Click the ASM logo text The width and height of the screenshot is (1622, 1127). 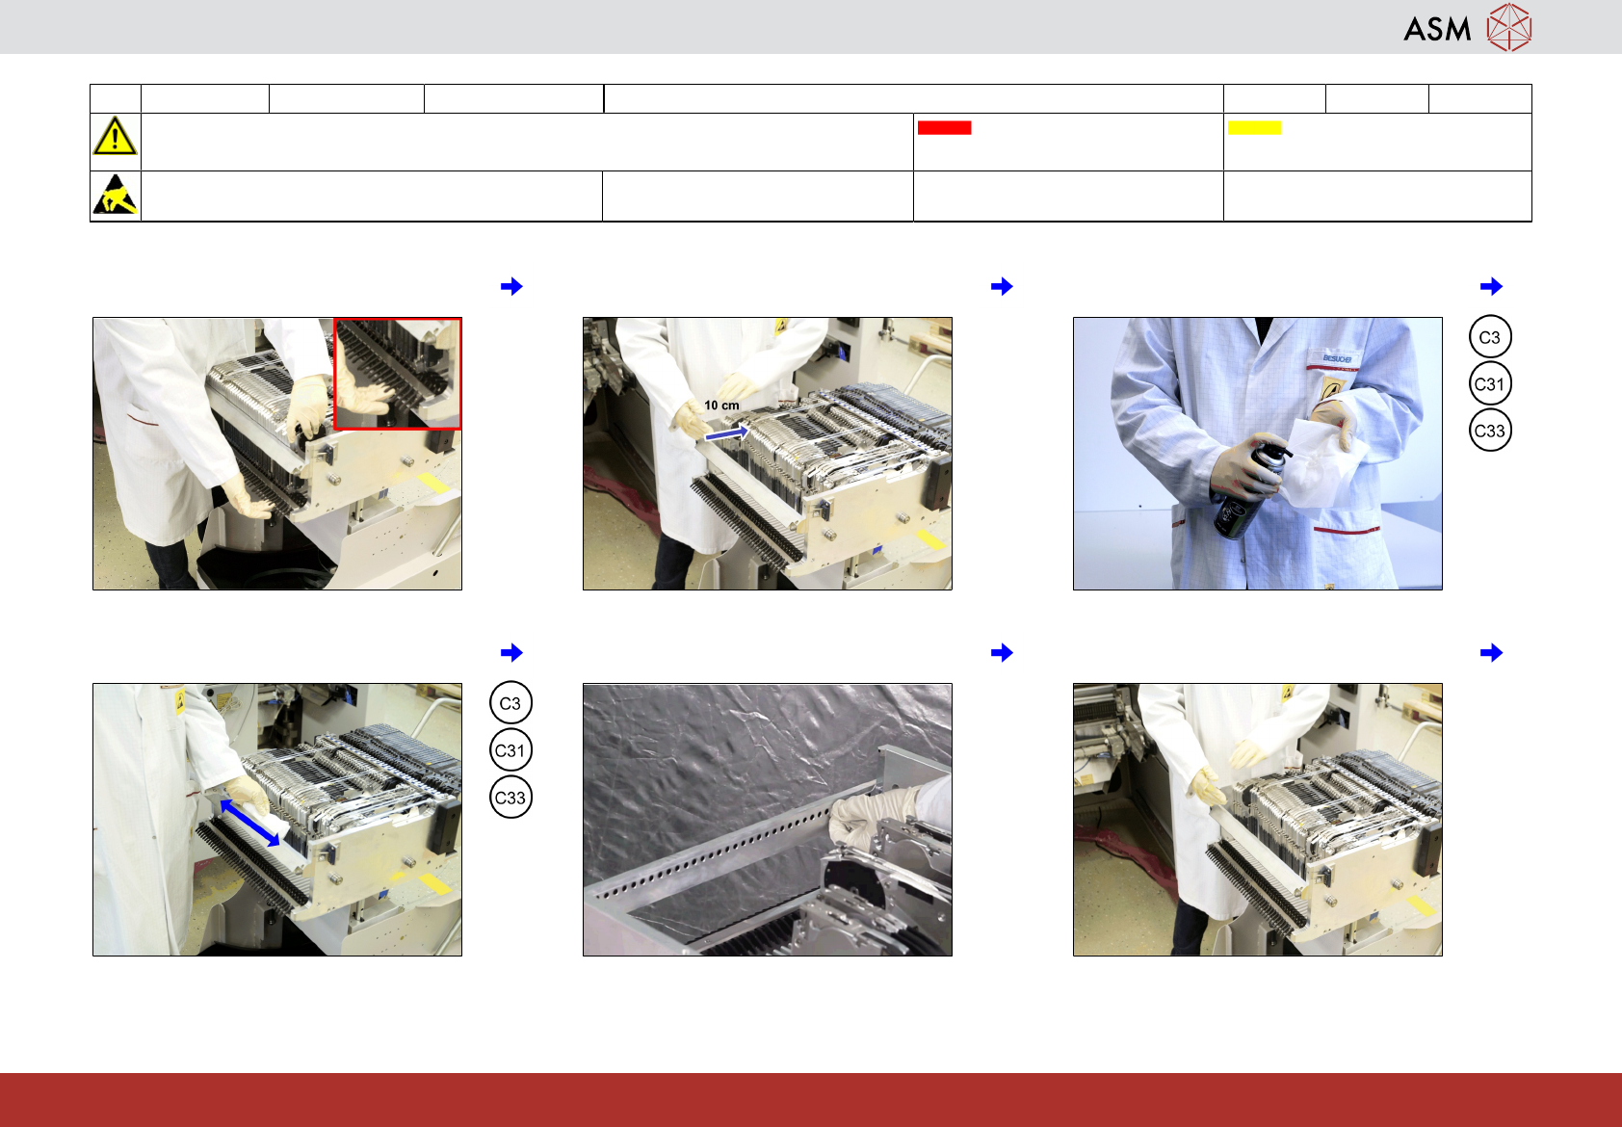1437,30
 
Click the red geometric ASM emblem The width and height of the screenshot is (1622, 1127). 1509,28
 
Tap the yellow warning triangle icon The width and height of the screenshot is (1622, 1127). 115,136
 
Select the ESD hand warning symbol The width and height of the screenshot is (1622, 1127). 116,195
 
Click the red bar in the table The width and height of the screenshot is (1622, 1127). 944,128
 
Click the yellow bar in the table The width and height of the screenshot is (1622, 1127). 1254,128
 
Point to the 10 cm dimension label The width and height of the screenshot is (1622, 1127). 722,406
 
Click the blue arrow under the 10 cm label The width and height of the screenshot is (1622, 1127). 726,433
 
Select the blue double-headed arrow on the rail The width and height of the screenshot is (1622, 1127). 249,824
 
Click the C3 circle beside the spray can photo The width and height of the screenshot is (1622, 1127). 1490,337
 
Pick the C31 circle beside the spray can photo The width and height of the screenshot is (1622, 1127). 1490,384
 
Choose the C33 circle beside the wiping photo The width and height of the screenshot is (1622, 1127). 510,798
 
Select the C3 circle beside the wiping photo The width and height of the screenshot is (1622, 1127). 510,703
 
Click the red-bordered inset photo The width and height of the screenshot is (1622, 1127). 398,374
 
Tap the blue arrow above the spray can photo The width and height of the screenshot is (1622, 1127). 1491,286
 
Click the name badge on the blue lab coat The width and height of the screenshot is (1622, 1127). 1337,358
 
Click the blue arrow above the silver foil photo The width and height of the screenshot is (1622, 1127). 1002,652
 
